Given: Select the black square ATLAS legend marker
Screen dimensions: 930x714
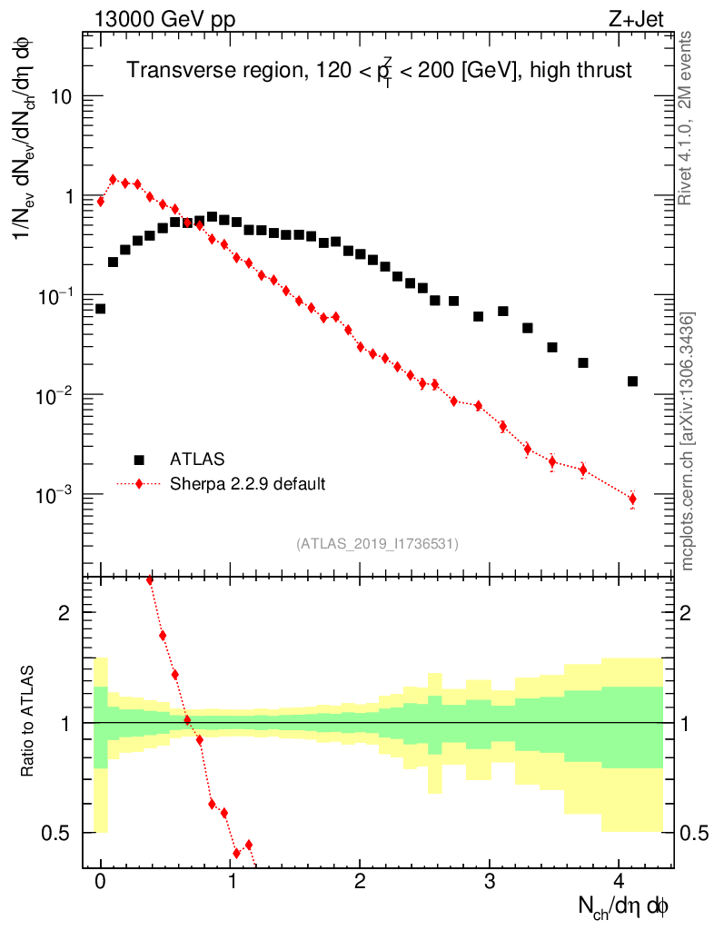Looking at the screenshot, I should point(139,460).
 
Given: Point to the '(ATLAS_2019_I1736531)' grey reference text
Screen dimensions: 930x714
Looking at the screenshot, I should point(377,544).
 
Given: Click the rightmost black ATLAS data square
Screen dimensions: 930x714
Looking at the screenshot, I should point(632,381).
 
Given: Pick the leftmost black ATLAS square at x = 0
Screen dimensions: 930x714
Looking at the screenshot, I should point(101,309).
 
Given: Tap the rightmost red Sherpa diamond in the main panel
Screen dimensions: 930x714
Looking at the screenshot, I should point(632,499).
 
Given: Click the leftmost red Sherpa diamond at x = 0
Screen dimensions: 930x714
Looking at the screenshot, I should point(101,202).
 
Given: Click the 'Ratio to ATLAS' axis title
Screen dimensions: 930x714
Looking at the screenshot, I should point(30,722).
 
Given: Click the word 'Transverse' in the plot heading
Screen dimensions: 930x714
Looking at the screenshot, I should point(173,70).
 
